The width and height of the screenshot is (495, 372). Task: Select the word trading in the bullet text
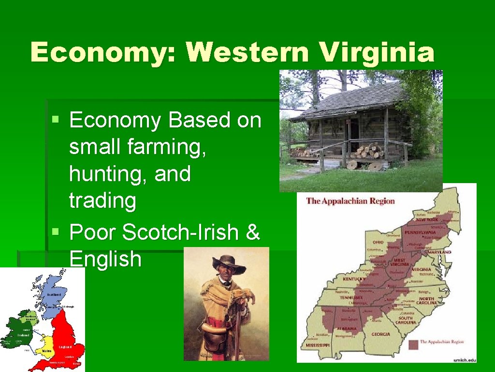pyautogui.click(x=102, y=200)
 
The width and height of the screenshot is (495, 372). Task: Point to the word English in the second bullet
pyautogui.click(x=105, y=259)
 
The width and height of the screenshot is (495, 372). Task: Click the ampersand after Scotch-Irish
pyautogui.click(x=253, y=232)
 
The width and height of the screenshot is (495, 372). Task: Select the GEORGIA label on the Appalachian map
pyautogui.click(x=381, y=334)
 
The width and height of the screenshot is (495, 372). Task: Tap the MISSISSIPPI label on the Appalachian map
pyautogui.click(x=318, y=345)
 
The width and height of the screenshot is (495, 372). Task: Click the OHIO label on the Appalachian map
pyautogui.click(x=378, y=242)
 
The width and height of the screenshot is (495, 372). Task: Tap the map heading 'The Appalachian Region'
pyautogui.click(x=350, y=201)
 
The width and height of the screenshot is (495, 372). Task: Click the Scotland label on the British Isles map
pyautogui.click(x=54, y=294)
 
